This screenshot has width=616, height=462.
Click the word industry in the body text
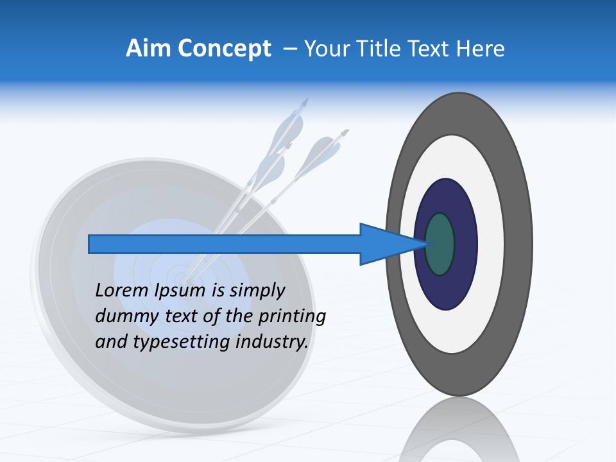272,342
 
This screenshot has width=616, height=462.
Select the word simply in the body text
257,291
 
